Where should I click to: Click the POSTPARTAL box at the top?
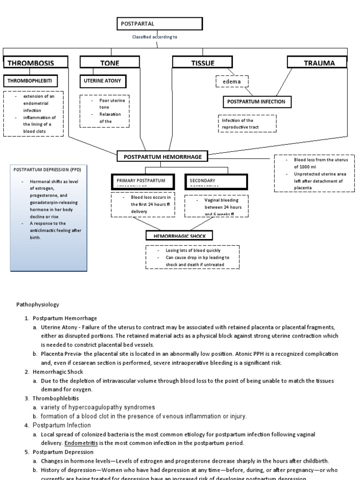pos(159,24)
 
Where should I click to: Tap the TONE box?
pos(110,63)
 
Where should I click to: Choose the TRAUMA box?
pos(317,62)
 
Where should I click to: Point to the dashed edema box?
pos(232,82)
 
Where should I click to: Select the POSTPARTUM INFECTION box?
pos(256,102)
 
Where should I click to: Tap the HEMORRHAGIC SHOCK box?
pos(180,236)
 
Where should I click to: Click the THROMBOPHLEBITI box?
pos(31,81)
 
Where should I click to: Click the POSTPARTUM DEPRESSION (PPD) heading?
pos(44,170)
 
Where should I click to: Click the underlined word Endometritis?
pos(80,443)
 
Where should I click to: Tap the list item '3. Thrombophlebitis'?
pos(52,398)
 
